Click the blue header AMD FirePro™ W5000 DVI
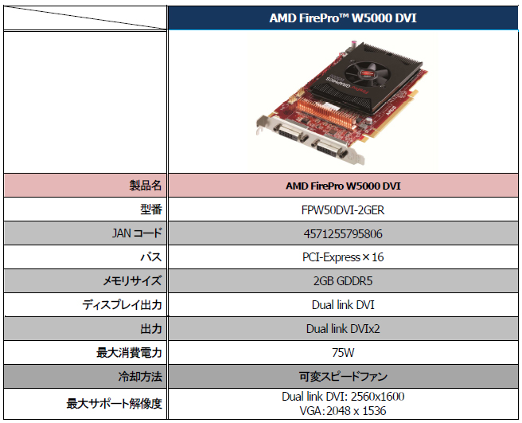tap(343, 18)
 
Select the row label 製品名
tap(146, 186)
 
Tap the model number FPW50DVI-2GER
tap(343, 210)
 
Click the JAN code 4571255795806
tap(343, 233)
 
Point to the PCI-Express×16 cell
tap(343, 257)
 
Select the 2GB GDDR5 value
tap(343, 281)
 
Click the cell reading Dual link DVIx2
tap(343, 329)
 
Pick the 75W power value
tap(343, 353)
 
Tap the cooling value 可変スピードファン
tap(343, 377)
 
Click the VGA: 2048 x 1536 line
tap(343, 411)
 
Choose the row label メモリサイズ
tap(132, 281)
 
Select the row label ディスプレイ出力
tap(123, 305)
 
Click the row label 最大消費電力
tap(129, 353)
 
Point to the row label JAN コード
tap(137, 233)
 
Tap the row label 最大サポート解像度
tap(115, 404)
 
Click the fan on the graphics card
tap(364, 72)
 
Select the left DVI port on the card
tap(290, 133)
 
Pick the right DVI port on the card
tap(329, 149)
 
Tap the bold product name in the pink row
tap(343, 186)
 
